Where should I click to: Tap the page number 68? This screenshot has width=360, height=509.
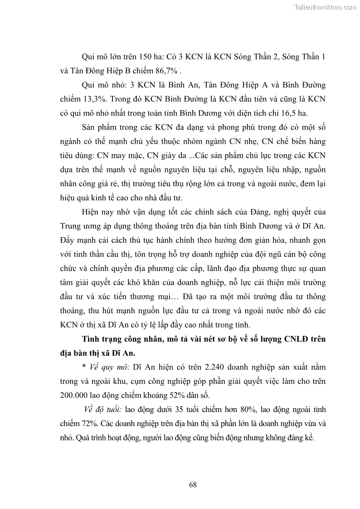click(193, 485)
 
